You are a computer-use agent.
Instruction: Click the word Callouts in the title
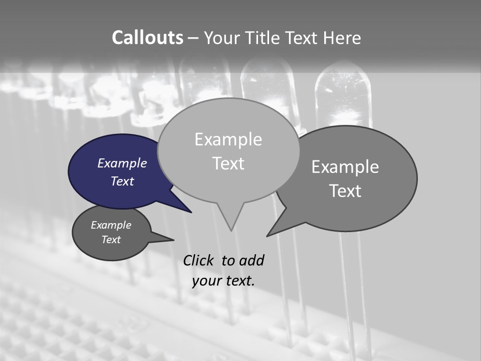[147, 38]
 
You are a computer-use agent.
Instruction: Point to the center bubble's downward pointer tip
[231, 230]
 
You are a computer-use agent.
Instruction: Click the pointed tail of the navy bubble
[190, 212]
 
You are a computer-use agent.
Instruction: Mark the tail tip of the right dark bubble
[268, 236]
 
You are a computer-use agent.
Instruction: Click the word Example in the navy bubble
[122, 163]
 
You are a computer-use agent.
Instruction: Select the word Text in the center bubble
[228, 163]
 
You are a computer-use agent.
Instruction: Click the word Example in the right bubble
[345, 167]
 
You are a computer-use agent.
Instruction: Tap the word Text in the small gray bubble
[111, 240]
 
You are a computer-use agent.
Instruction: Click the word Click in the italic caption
[198, 260]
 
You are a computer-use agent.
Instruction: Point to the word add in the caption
[252, 260]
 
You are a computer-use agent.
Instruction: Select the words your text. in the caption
[223, 281]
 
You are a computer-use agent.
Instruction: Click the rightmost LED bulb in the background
[342, 93]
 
